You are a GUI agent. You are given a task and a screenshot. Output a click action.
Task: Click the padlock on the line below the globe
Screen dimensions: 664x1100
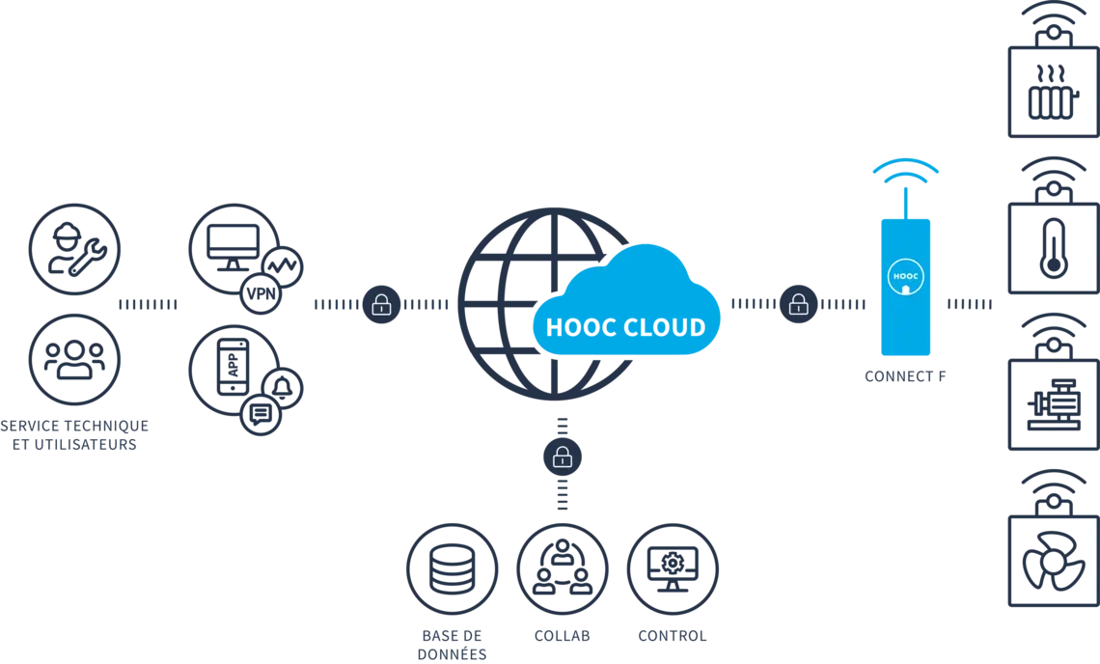click(x=563, y=456)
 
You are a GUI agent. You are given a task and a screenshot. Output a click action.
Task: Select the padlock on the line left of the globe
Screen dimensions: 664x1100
click(x=382, y=305)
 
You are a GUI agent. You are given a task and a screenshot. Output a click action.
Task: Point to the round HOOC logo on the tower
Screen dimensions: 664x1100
click(x=905, y=276)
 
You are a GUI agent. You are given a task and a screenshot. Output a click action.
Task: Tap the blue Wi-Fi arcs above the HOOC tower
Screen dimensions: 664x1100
click(x=906, y=171)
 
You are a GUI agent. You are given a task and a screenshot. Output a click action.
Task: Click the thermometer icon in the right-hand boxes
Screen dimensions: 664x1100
click(x=1052, y=250)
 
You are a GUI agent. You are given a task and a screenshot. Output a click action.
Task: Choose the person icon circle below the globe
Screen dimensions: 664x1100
click(x=563, y=567)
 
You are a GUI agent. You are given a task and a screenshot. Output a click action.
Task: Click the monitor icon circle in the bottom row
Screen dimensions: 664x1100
click(x=674, y=567)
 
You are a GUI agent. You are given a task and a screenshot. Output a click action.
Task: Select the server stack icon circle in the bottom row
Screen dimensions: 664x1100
click(x=452, y=567)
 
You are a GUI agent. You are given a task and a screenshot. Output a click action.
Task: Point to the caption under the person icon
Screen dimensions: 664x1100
click(x=563, y=638)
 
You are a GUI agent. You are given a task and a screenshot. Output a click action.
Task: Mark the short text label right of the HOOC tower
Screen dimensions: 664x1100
click(x=967, y=305)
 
